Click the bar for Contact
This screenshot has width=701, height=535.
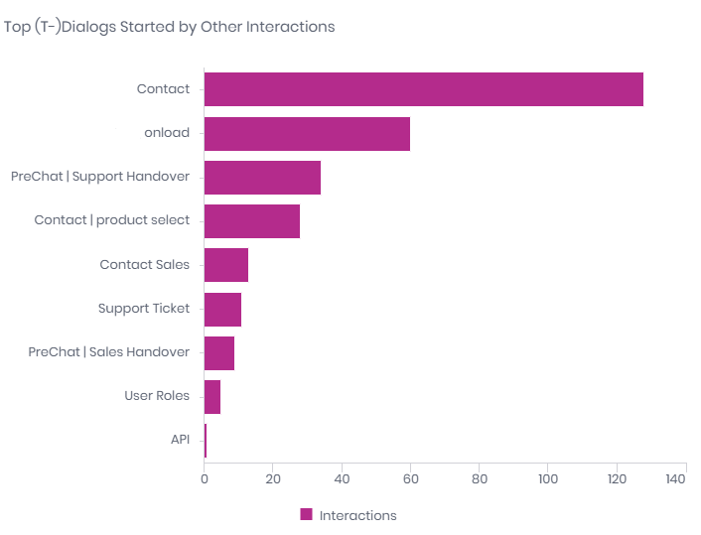pyautogui.click(x=423, y=89)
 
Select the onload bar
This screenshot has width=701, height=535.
pyautogui.click(x=307, y=133)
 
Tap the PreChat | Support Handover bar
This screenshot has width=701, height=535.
pyautogui.click(x=262, y=177)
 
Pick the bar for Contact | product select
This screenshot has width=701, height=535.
pyautogui.click(x=251, y=220)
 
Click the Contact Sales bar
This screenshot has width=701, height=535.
pyautogui.click(x=225, y=265)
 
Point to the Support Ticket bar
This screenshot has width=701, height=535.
pyautogui.click(x=222, y=309)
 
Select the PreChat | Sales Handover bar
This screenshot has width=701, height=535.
pyautogui.click(x=218, y=352)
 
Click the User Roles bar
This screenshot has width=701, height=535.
pyautogui.click(x=211, y=396)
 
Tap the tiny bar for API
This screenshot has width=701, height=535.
pyautogui.click(x=206, y=440)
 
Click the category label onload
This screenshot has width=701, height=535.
pyautogui.click(x=167, y=133)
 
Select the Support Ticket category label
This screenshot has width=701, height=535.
pyautogui.click(x=144, y=309)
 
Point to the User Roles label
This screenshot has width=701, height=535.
pyautogui.click(x=157, y=396)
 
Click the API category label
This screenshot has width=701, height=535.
pyautogui.click(x=180, y=440)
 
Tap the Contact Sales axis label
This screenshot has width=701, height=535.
pyautogui.click(x=145, y=265)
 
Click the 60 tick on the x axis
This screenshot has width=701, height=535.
pyautogui.click(x=410, y=479)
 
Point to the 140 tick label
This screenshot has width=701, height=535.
pyautogui.click(x=675, y=479)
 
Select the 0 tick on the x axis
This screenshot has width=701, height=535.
pyautogui.click(x=204, y=479)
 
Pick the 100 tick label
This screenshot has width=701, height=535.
pyautogui.click(x=547, y=479)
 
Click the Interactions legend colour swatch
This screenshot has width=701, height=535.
pyautogui.click(x=307, y=514)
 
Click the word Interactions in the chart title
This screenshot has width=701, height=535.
pyautogui.click(x=292, y=27)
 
